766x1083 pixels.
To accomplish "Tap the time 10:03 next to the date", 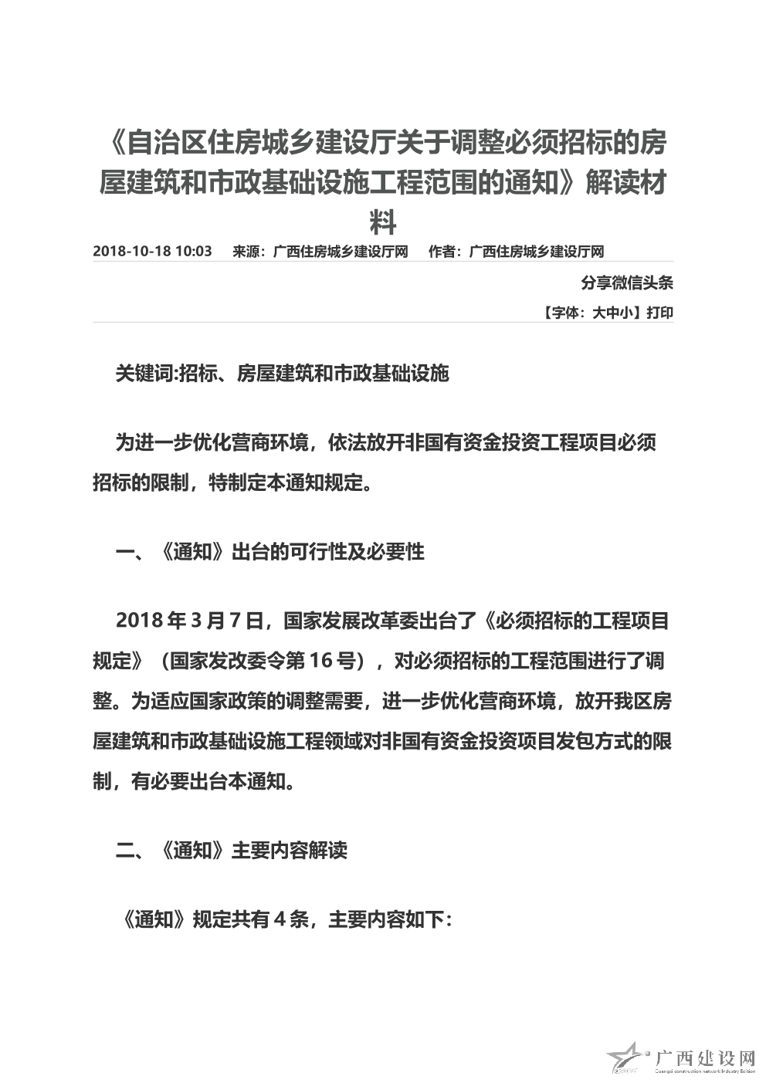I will point(194,252).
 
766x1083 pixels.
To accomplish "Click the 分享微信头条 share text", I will point(627,283).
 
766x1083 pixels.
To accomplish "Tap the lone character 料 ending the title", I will point(383,224).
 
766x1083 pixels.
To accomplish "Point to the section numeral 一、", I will point(130,552).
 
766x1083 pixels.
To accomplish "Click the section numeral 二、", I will point(130,850).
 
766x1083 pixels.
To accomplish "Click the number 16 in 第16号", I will point(320,661).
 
